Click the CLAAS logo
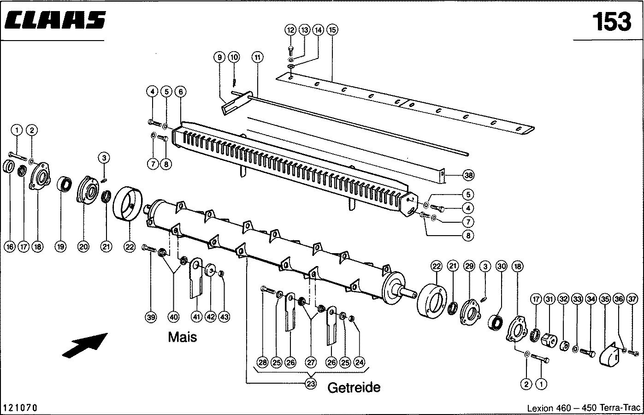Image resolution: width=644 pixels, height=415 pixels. coord(55,20)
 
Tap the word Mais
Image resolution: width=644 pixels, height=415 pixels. coord(182,337)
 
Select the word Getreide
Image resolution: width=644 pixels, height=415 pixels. coord(354,387)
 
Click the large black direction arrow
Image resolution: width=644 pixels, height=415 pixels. coord(85,345)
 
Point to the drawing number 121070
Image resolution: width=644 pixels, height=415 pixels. coord(20,408)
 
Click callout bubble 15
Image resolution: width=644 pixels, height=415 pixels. coord(332,30)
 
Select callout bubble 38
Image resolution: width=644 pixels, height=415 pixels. coord(468,175)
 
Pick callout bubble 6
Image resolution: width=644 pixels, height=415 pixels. coord(180,92)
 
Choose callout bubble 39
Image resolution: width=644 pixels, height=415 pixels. coord(151,317)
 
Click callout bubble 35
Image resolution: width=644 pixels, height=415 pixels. coord(605,299)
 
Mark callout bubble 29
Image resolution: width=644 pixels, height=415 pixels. coord(469,266)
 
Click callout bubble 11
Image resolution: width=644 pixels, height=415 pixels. coord(257,57)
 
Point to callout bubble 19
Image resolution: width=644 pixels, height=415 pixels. coord(60,247)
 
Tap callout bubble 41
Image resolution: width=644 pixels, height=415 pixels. coord(197,317)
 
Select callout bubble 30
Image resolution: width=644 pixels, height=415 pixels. coord(501,266)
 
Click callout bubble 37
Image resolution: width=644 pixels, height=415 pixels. coord(632,299)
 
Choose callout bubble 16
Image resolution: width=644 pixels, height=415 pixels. coord(10,247)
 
